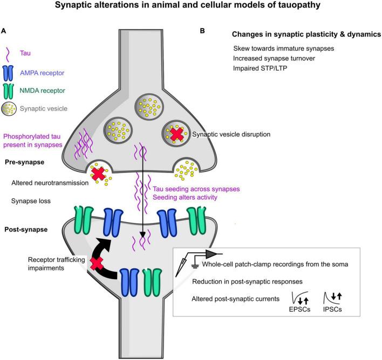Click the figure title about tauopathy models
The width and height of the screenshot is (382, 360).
[x=191, y=6]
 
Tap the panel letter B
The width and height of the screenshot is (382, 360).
[x=202, y=31]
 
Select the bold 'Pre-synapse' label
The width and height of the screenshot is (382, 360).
[x=25, y=162]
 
